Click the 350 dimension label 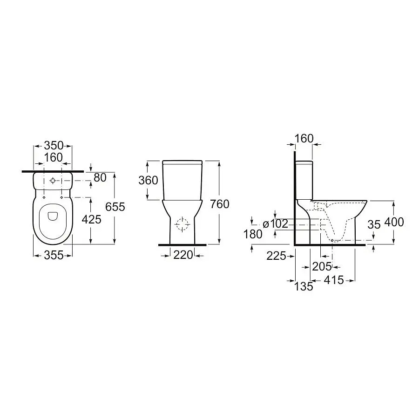point(54,146)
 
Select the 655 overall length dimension point(115,207)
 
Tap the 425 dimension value point(91,219)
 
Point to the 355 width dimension point(54,255)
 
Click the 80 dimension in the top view point(100,178)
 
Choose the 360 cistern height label point(149,180)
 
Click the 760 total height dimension point(220,204)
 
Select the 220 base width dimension point(183,255)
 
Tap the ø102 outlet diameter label point(275,224)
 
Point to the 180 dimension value point(253,234)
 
